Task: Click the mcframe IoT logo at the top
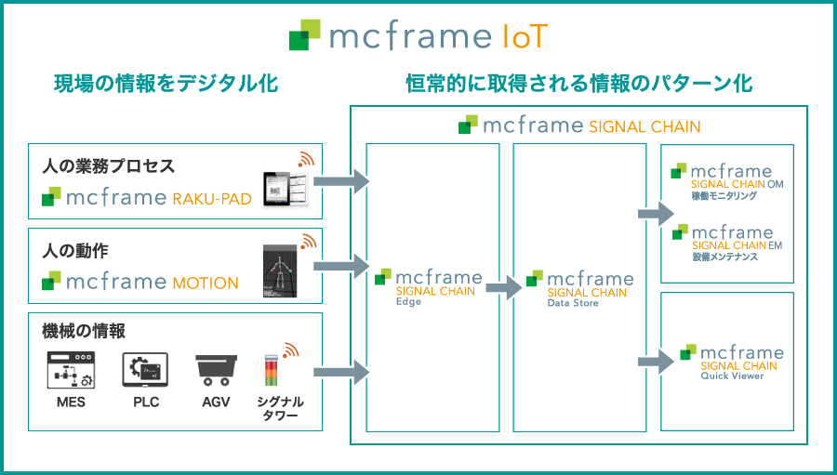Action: point(418,36)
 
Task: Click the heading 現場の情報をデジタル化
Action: point(166,84)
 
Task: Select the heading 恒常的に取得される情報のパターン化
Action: point(578,84)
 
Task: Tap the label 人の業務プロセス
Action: point(109,166)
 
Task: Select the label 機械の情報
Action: point(84,331)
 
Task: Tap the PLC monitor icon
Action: point(145,369)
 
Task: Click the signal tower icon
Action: point(271,372)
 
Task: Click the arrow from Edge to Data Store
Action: point(503,288)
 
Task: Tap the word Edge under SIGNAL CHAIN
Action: point(408,302)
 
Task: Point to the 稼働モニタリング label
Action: point(724,196)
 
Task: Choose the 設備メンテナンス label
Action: point(724,257)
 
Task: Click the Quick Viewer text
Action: point(732,376)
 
